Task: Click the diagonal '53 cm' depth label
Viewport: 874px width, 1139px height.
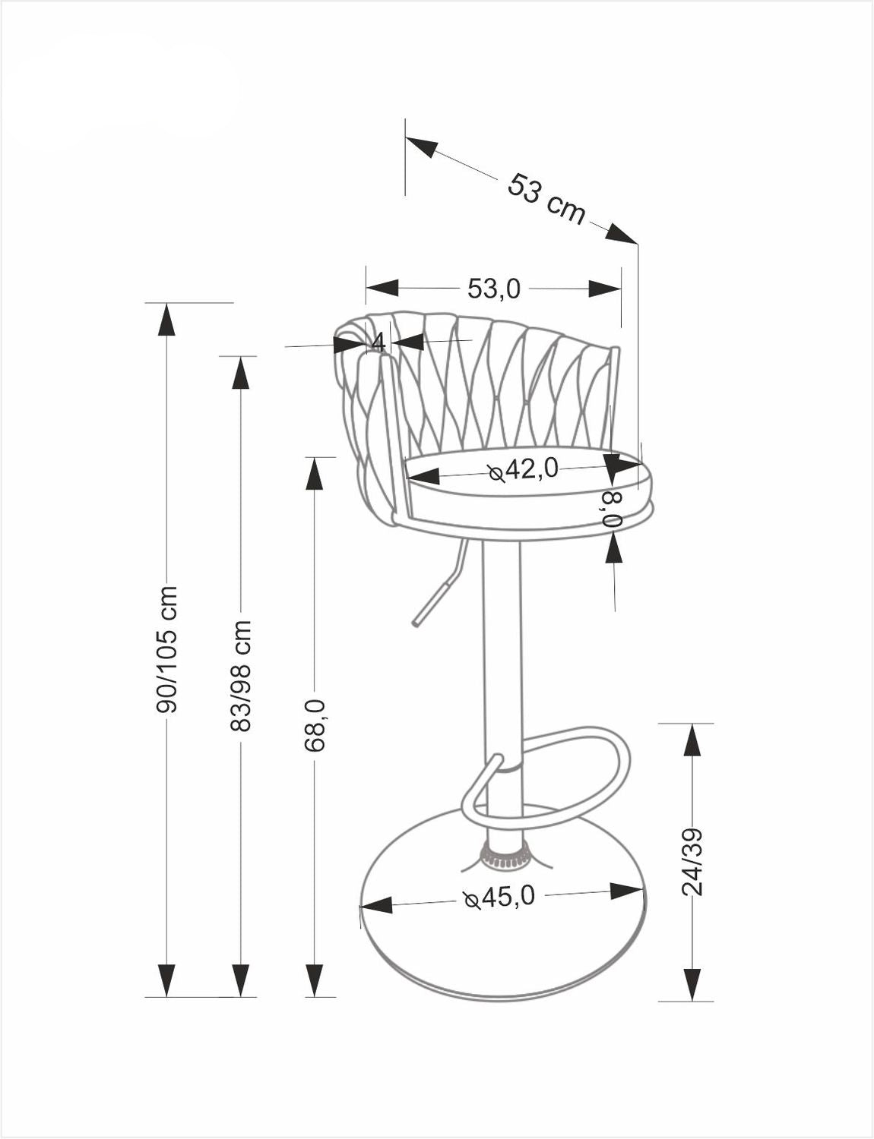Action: pyautogui.click(x=546, y=199)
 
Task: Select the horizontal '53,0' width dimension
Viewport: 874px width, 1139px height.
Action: pyautogui.click(x=494, y=289)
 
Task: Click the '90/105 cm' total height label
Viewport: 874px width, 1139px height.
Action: pyautogui.click(x=166, y=649)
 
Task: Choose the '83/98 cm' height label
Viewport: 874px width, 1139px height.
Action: pyautogui.click(x=240, y=676)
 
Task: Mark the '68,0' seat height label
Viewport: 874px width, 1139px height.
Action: pyautogui.click(x=315, y=725)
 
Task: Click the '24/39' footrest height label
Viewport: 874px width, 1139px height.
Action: pyautogui.click(x=692, y=861)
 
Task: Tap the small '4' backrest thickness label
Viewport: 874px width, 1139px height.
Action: pyautogui.click(x=378, y=342)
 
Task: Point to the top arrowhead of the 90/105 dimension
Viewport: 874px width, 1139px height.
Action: pyautogui.click(x=166, y=319)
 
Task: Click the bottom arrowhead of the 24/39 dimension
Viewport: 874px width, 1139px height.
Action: pyautogui.click(x=692, y=984)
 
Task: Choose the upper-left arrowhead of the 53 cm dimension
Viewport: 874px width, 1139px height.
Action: pyautogui.click(x=422, y=147)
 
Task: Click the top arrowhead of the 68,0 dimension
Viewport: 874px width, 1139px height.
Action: pyautogui.click(x=315, y=474)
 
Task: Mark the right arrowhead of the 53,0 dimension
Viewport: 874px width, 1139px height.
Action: pyautogui.click(x=605, y=289)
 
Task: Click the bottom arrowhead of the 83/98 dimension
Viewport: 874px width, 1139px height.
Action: pyautogui.click(x=240, y=980)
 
